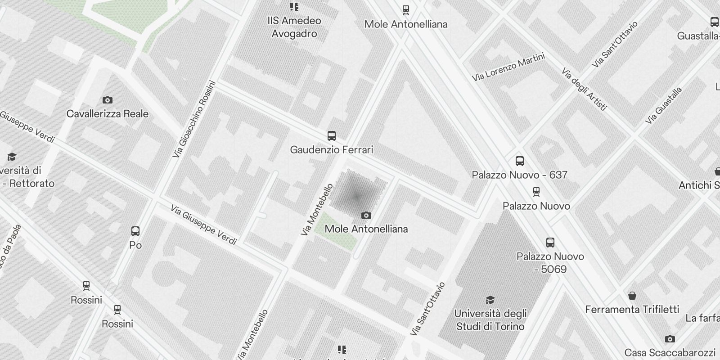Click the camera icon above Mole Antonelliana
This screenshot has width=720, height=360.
point(366,216)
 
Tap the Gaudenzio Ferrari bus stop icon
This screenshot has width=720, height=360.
point(332,136)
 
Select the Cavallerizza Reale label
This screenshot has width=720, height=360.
point(108,114)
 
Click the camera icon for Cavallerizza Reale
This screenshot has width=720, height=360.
point(108,100)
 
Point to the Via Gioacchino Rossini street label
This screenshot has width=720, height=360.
point(194,119)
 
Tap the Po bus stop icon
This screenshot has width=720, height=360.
point(135,231)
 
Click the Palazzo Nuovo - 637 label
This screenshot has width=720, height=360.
point(519,175)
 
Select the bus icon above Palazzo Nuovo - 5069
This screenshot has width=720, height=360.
point(550,243)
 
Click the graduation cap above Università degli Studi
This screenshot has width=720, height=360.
point(490,300)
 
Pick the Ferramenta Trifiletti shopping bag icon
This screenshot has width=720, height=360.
point(632,296)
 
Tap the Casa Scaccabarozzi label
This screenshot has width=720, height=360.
point(670,353)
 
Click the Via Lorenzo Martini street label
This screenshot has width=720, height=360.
point(508,67)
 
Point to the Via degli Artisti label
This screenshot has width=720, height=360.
point(585,89)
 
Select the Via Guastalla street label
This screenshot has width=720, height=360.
point(663,106)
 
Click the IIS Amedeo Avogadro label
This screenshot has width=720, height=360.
point(294,27)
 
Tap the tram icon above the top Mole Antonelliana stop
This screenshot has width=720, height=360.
point(406,9)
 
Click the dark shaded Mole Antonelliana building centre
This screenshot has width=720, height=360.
point(356,196)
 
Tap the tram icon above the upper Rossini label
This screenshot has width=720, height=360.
point(86,285)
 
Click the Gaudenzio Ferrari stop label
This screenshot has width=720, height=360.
point(332,150)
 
